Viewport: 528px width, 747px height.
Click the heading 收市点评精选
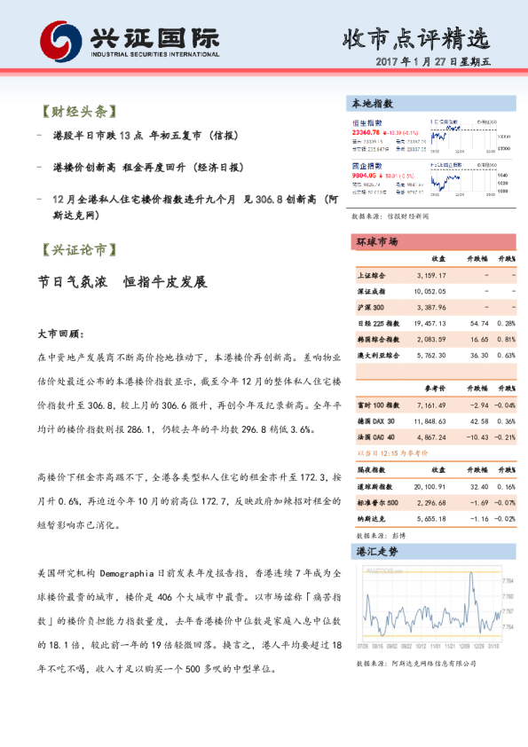(414, 39)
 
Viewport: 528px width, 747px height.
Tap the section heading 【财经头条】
(79, 113)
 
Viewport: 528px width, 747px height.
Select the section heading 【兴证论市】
(79, 249)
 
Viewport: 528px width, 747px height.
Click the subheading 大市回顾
(60, 335)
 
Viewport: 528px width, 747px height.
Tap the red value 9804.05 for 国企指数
(366, 176)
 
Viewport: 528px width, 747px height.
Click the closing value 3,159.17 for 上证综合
(429, 275)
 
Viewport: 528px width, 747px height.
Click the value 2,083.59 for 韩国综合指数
(429, 339)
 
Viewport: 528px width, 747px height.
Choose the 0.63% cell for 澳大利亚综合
(506, 355)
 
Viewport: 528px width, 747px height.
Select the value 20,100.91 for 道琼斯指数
(429, 486)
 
